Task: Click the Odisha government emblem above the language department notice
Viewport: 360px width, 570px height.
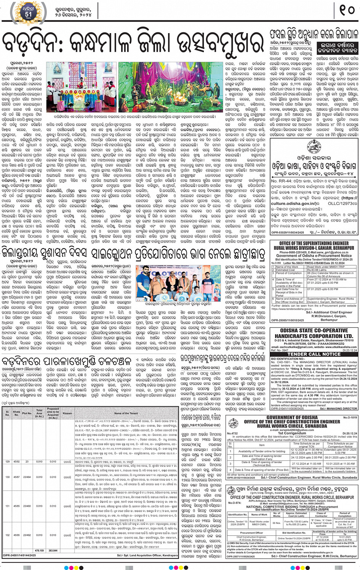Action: (314, 145)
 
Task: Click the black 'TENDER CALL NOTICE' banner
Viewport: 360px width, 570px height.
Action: (314, 354)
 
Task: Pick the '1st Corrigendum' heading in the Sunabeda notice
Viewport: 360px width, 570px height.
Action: (291, 433)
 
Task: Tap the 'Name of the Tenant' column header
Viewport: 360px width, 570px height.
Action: (126, 413)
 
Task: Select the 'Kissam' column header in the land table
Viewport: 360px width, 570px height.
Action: (67, 413)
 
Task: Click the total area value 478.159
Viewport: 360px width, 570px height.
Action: (39, 550)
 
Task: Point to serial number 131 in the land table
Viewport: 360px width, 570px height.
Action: (7, 506)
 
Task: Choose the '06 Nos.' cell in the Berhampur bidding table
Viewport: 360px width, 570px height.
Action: (277, 523)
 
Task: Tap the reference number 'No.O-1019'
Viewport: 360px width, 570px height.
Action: (350, 417)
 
